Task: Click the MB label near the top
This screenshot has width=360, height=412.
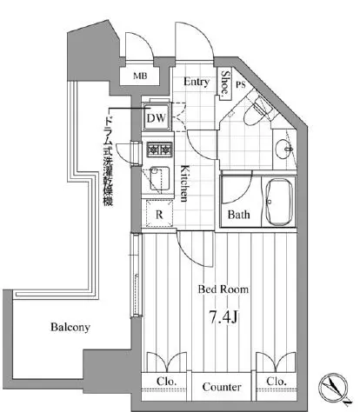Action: (x=140, y=76)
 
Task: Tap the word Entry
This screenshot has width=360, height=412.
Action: (x=197, y=82)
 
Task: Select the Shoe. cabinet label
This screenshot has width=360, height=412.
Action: (x=225, y=83)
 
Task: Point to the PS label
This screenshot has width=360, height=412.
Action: (x=241, y=84)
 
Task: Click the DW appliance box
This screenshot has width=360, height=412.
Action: (x=157, y=116)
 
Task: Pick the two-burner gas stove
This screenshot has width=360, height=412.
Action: (x=159, y=150)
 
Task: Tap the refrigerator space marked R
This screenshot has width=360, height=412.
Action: (x=159, y=214)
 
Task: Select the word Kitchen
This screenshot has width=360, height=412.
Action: (x=184, y=183)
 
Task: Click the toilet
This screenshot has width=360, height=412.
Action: (x=257, y=111)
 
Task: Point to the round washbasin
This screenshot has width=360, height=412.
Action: (x=283, y=149)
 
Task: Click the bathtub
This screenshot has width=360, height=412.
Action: (x=278, y=202)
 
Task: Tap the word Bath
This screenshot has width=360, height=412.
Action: (x=238, y=215)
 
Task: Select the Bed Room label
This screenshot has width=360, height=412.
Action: (x=223, y=289)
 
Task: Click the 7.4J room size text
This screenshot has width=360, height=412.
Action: (x=223, y=317)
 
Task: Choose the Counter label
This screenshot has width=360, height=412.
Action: (x=222, y=387)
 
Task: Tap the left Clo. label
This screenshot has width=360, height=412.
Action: (x=167, y=381)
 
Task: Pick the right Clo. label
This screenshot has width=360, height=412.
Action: (x=277, y=381)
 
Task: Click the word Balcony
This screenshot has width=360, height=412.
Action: (x=70, y=327)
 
